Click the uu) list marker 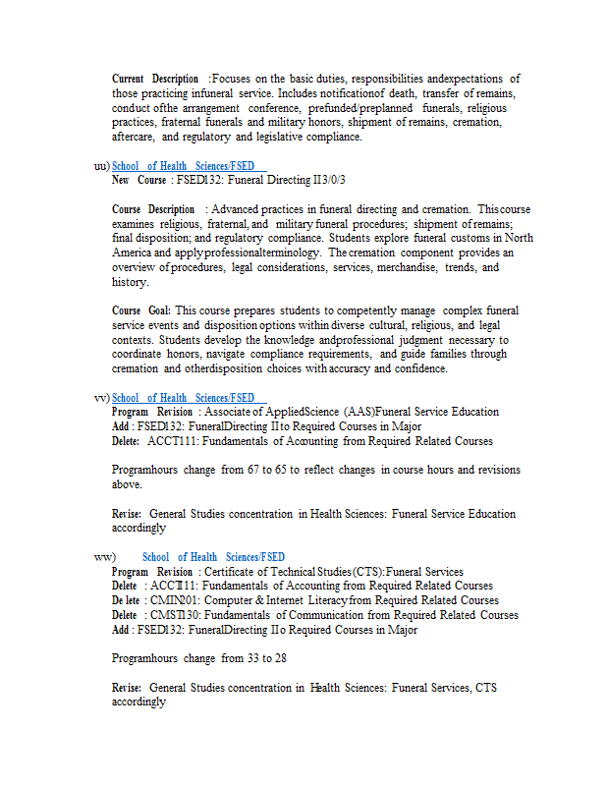pos(101,166)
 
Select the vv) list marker pos(101,398)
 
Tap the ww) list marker pos(103,557)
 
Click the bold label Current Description pos(155,79)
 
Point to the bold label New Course pos(138,181)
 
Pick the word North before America pos(518,238)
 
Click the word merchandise pos(395,267)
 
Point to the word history pos(129,282)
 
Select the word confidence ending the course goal pos(418,369)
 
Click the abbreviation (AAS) pos(359,413)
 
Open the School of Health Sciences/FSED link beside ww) pos(213,557)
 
